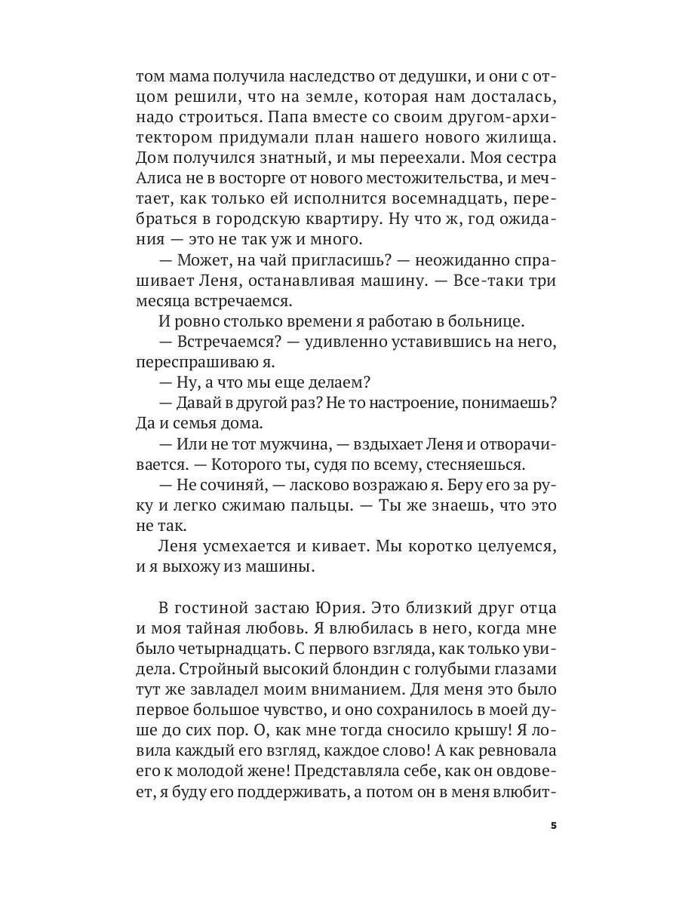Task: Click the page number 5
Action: (554, 826)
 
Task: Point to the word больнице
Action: (484, 321)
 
